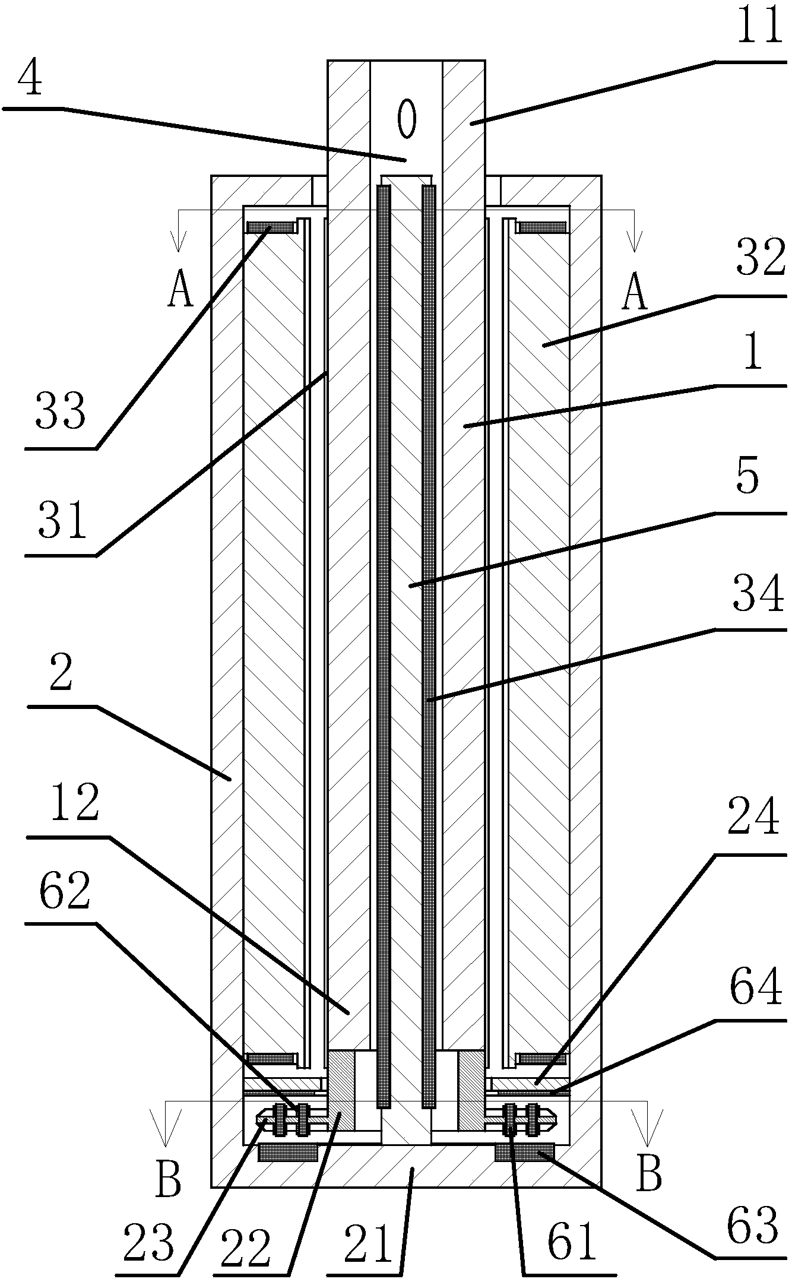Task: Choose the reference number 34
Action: [x=758, y=594]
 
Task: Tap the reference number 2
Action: [x=61, y=673]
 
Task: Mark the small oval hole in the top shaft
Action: [x=407, y=118]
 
